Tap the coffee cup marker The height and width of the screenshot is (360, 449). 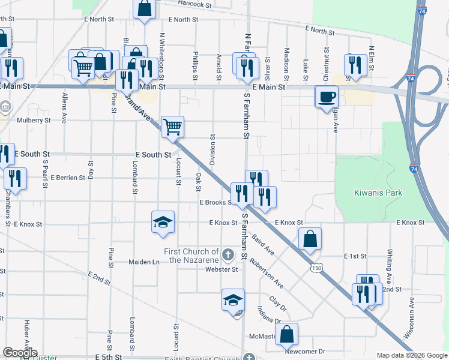point(327,96)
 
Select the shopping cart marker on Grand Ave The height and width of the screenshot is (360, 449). point(172,127)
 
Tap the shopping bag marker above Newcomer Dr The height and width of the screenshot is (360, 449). point(287,333)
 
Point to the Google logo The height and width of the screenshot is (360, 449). point(19,353)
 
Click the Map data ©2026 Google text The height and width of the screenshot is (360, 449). point(412,355)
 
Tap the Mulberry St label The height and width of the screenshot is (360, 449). point(34,120)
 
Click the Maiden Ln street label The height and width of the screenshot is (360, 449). point(144,262)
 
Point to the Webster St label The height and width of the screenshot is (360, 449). point(222,269)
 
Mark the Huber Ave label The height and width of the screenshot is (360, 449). point(26,331)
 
